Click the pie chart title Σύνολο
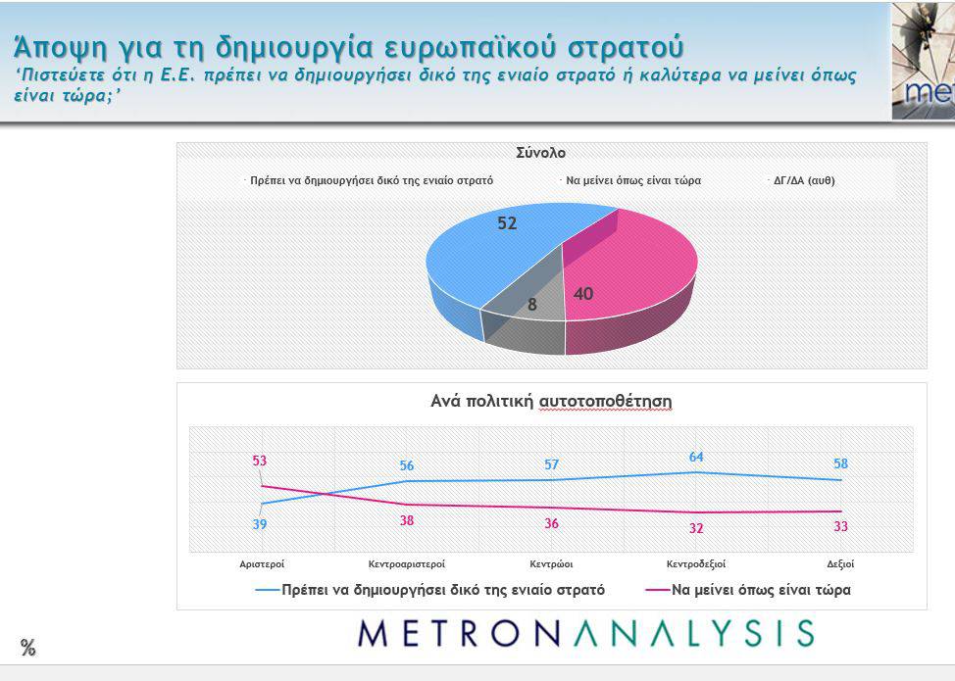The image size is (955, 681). pyautogui.click(x=540, y=153)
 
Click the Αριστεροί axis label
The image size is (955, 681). pyautogui.click(x=262, y=564)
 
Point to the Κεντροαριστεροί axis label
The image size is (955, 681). pyautogui.click(x=407, y=564)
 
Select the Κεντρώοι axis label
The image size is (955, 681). pyautogui.click(x=551, y=564)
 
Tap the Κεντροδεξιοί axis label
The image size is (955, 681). pyautogui.click(x=696, y=564)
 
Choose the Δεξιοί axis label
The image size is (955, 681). pyautogui.click(x=840, y=564)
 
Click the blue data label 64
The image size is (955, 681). pyautogui.click(x=696, y=457)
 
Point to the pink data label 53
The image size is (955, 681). pyautogui.click(x=259, y=461)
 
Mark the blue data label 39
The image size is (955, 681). pyautogui.click(x=259, y=524)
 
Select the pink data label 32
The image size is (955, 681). pyautogui.click(x=696, y=528)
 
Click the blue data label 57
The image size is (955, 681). pyautogui.click(x=551, y=464)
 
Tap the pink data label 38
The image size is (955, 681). pyautogui.click(x=407, y=520)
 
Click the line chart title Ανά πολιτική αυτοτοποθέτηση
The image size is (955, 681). pyautogui.click(x=551, y=402)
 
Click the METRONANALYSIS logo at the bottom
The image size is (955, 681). pyautogui.click(x=585, y=633)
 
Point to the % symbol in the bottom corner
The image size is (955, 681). pyautogui.click(x=28, y=647)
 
